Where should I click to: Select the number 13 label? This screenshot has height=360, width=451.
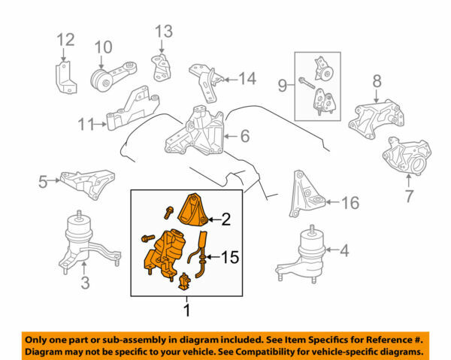click(x=164, y=31)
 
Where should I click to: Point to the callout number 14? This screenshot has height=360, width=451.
click(x=247, y=77)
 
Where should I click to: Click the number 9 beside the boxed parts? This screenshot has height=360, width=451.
click(x=284, y=86)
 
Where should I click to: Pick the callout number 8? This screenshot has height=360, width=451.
click(x=377, y=80)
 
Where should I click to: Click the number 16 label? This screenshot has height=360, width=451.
click(x=350, y=202)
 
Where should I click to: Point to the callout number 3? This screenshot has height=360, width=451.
click(x=85, y=283)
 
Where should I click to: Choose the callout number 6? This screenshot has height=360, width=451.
click(x=244, y=136)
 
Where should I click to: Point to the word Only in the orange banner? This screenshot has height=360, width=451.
click(x=40, y=339)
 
